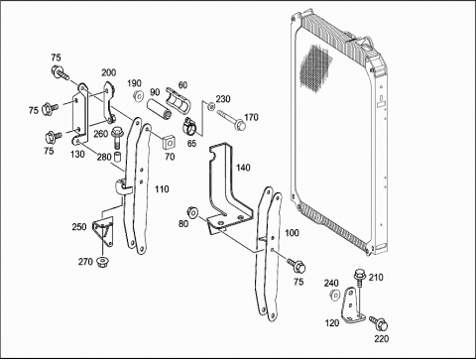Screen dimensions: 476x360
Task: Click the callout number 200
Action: point(109,72)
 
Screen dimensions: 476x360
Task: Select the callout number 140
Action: point(243,168)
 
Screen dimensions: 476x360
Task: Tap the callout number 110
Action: point(162,189)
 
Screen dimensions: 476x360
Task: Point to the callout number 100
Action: point(292,233)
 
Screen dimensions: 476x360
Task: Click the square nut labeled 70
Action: point(170,143)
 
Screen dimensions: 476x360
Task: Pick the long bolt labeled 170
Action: point(231,120)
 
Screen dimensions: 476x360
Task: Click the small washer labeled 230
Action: point(209,107)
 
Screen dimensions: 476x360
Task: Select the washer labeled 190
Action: point(138,96)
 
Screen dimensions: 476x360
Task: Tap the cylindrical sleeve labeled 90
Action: point(159,110)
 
